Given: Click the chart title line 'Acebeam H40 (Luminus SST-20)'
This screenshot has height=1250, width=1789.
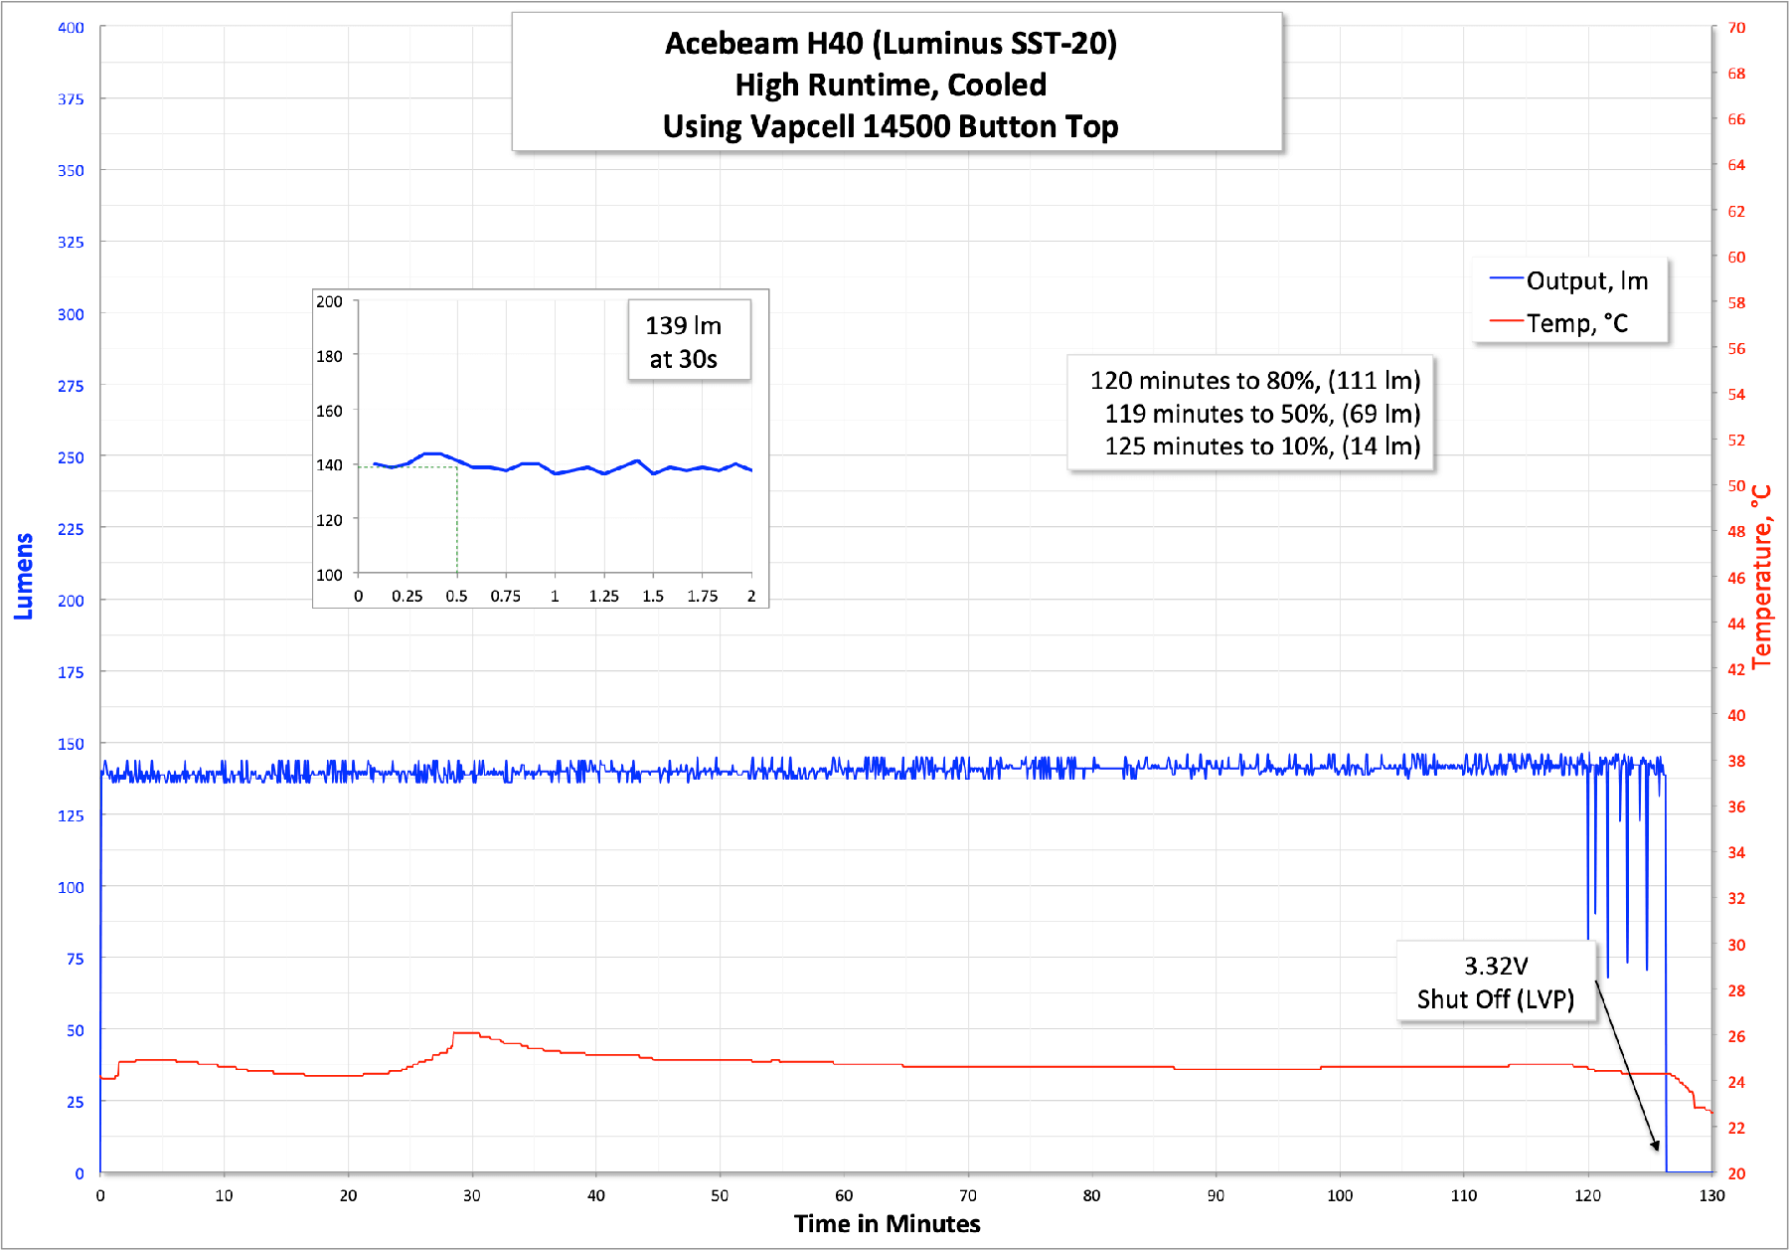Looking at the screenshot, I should (891, 44).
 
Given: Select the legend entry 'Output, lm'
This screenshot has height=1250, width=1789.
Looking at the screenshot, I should (1586, 281).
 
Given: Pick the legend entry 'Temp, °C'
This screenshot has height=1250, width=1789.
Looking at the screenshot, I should (1576, 323).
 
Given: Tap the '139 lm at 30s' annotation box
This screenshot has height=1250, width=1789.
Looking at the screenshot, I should (684, 341).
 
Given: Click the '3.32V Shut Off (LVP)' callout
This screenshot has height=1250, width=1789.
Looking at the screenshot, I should (1495, 982).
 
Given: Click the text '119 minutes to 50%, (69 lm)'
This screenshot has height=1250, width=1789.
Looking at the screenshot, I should (1261, 414).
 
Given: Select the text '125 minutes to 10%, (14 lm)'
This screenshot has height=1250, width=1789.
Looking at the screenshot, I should (1261, 446).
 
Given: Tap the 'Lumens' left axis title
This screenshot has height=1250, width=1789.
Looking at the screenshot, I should (24, 576).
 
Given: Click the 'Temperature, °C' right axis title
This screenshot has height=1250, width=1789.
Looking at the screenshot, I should (1761, 576).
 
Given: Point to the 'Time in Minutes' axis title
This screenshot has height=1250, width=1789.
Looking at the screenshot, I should (887, 1223).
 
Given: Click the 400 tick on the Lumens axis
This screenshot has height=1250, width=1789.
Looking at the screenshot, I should (71, 28).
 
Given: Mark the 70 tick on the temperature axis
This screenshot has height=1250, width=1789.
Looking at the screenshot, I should (1735, 28).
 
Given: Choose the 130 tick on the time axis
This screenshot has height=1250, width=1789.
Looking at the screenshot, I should (1711, 1195).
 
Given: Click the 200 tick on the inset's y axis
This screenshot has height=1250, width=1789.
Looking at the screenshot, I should (329, 301).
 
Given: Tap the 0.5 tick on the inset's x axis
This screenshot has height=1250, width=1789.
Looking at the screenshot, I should (456, 596).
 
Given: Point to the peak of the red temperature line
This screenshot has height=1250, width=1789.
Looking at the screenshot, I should (465, 1033).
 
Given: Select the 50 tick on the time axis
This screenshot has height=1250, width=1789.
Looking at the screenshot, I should (720, 1195).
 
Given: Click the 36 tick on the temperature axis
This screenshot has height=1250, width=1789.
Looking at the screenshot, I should (1735, 806).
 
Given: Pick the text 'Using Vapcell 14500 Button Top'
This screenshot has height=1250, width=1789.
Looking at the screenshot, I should (891, 127).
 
